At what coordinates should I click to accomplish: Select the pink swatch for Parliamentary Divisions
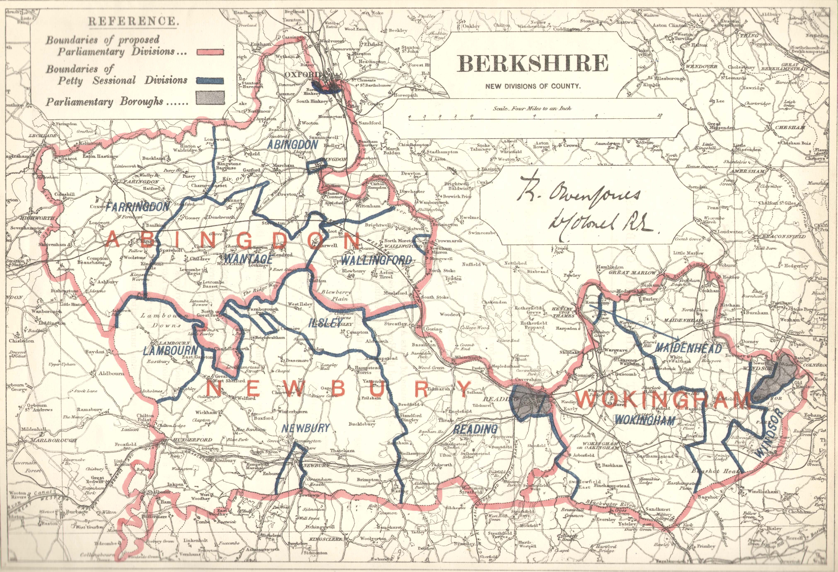point(210,52)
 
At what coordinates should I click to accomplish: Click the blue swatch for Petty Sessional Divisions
point(210,81)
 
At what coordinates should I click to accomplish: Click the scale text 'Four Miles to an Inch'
point(532,108)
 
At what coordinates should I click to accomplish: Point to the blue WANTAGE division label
point(248,259)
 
